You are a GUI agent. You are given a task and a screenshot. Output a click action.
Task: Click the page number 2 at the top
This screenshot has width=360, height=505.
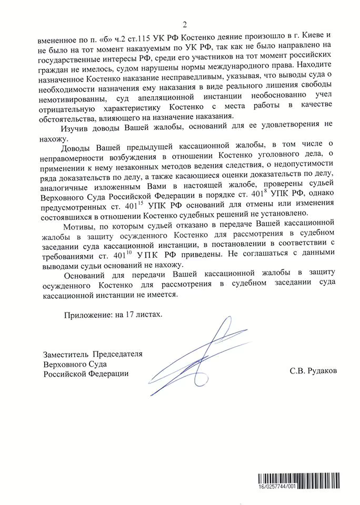(x=185, y=23)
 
